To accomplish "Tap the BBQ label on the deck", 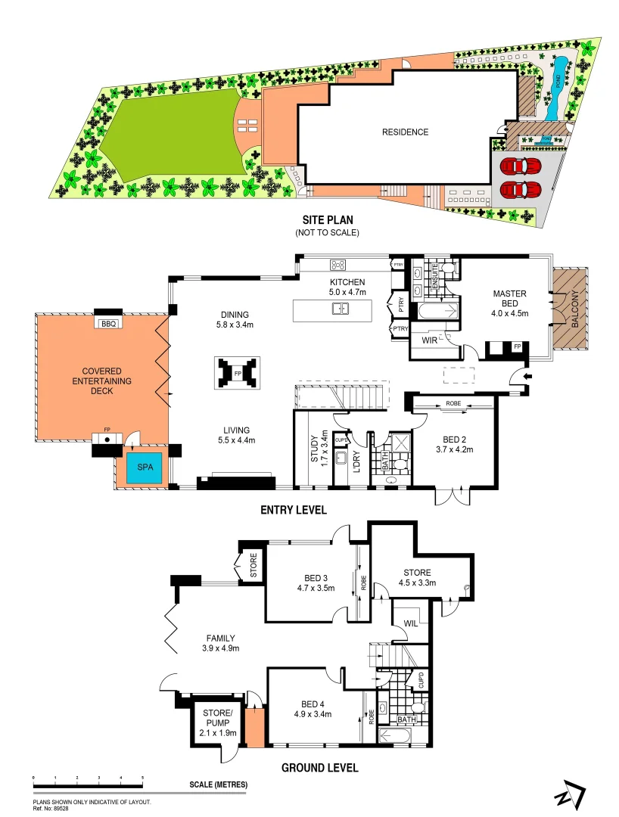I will (104, 323).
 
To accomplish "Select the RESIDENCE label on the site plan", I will (405, 132).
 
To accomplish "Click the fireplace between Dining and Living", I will (238, 373).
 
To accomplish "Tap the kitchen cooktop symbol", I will (338, 265).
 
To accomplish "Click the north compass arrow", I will (569, 797).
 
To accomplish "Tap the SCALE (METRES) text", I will (218, 784).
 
